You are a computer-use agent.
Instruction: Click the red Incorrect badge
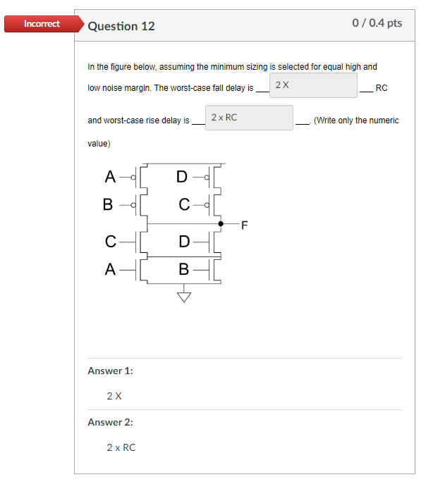pos(41,24)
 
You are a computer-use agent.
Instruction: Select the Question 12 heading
pos(121,26)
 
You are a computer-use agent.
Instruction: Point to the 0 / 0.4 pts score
pos(377,23)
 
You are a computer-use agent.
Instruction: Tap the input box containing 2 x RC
pos(250,118)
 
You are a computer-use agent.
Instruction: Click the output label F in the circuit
pos(245,225)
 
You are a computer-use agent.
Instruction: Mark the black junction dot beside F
pos(221,223)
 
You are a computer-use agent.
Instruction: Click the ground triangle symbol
pos(184,296)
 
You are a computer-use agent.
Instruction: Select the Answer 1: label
pos(110,371)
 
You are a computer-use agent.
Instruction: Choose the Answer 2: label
pos(110,422)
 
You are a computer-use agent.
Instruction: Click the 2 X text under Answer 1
pos(114,396)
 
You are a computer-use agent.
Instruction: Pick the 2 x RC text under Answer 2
pos(121,447)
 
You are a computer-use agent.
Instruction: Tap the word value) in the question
pos(99,143)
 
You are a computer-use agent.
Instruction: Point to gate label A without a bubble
pos(110,269)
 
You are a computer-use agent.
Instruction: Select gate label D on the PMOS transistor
pos(182,176)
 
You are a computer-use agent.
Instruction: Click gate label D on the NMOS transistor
pos(184,242)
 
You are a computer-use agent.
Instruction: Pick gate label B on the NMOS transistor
pos(184,269)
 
